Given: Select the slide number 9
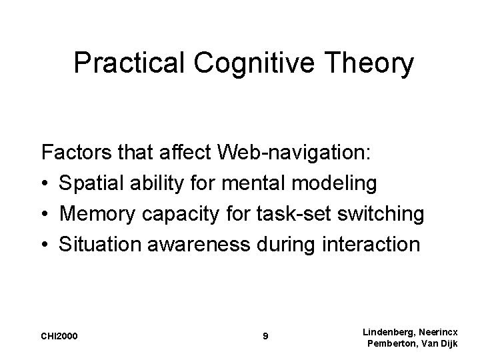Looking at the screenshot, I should [x=266, y=336].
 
